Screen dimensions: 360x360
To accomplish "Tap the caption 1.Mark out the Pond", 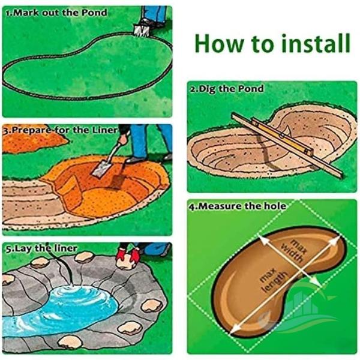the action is coord(56,13).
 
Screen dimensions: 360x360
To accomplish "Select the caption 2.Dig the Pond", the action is coord(227,89).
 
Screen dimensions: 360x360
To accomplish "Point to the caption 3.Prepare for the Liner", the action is coord(61,130).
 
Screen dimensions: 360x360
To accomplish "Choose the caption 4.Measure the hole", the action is coord(238,206).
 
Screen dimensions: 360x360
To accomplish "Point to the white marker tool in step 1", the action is coord(141,31).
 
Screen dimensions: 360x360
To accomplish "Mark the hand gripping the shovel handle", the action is coord(123,139).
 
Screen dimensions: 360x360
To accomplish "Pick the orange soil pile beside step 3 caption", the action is coord(32,142).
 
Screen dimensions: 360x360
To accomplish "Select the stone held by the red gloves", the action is coord(126,263).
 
